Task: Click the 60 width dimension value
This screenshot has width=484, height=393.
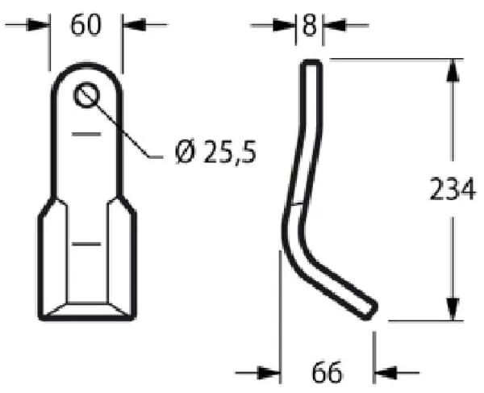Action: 86,25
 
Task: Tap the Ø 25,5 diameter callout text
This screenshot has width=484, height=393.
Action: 215,152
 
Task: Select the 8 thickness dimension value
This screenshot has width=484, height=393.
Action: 310,25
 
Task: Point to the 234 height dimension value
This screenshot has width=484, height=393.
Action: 453,189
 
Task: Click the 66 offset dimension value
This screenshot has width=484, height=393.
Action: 327,373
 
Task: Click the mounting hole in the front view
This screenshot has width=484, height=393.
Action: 87,95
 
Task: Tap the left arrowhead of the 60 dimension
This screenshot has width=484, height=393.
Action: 39,25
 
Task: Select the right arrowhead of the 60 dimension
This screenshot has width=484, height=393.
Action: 134,24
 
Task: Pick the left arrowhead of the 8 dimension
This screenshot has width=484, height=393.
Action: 284,25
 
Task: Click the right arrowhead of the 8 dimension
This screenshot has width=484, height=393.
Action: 334,25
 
